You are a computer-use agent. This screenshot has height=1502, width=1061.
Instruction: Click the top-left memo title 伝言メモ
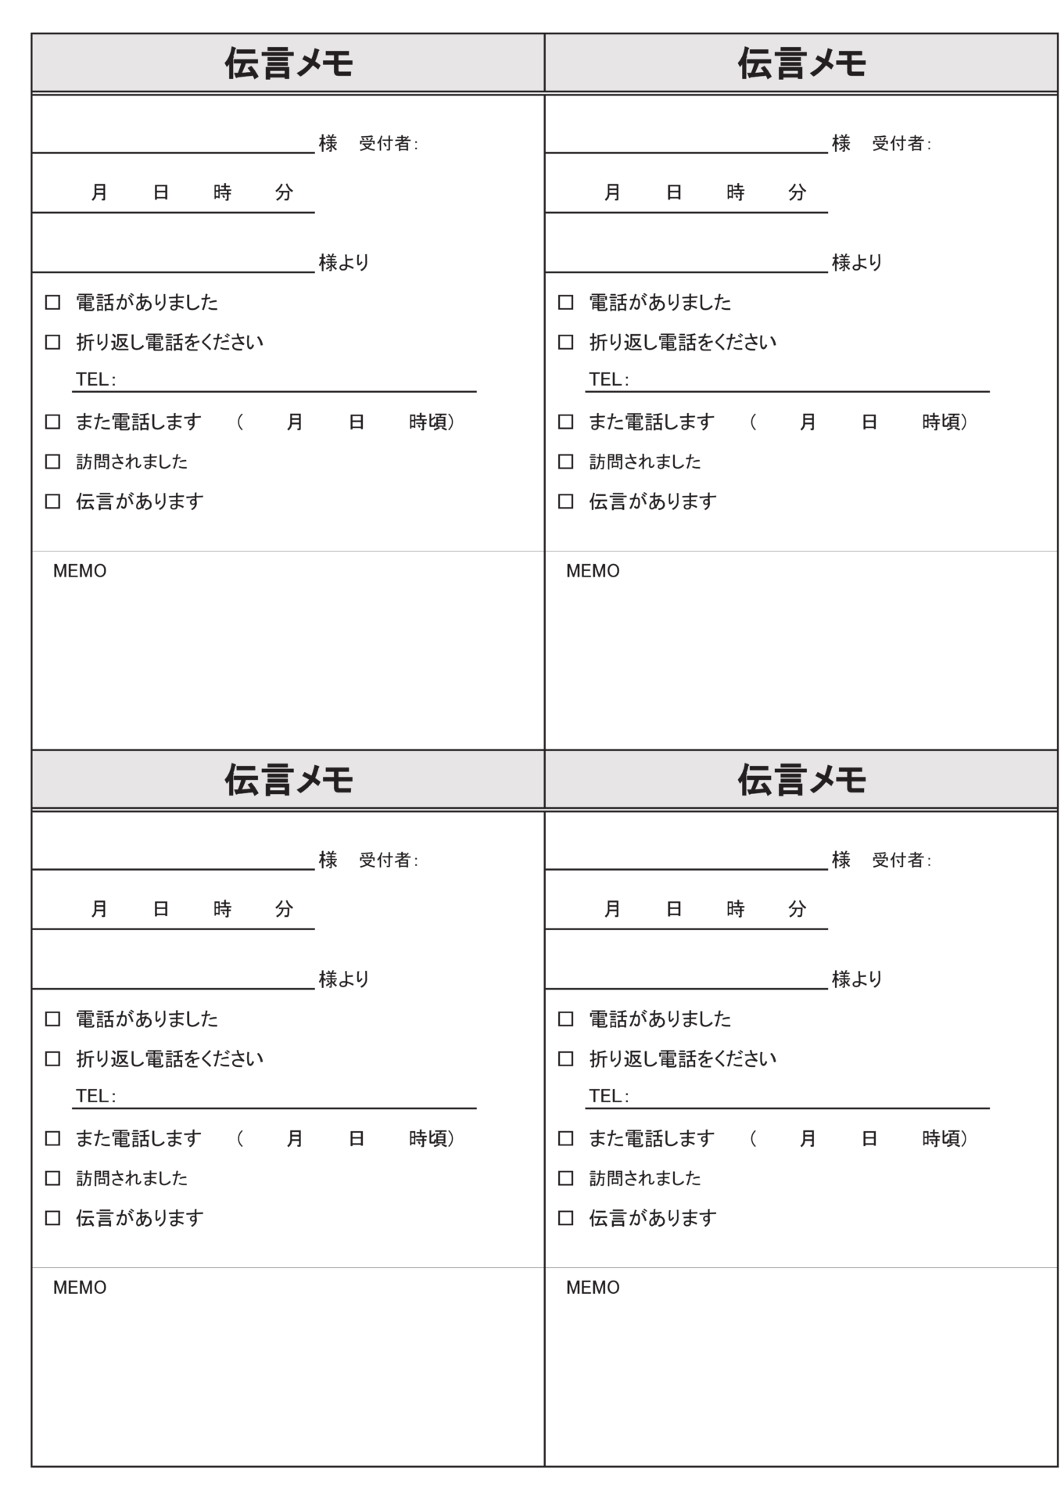click(x=289, y=63)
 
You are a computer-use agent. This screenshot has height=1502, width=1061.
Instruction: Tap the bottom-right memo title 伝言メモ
click(x=801, y=780)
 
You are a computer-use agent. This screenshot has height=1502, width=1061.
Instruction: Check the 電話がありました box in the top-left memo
click(x=52, y=302)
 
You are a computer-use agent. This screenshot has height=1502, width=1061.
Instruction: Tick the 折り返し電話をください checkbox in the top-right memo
click(x=565, y=342)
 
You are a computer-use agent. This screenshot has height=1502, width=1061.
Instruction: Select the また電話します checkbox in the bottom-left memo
click(x=52, y=1138)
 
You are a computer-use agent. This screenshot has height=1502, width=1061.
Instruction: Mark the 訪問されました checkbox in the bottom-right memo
click(x=565, y=1178)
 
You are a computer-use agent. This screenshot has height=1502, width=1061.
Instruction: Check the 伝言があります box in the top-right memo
click(x=565, y=501)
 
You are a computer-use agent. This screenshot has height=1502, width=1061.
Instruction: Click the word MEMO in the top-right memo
click(x=593, y=571)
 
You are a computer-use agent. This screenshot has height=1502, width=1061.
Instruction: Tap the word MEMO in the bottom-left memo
click(x=80, y=1288)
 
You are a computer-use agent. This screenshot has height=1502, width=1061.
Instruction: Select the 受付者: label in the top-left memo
click(x=389, y=143)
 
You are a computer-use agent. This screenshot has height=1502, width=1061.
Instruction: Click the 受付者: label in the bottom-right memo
click(x=901, y=860)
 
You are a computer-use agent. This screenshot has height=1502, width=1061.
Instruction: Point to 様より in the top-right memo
click(x=857, y=262)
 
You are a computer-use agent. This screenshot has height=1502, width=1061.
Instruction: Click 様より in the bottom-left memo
click(x=344, y=979)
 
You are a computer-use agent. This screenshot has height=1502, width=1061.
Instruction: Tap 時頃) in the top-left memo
click(x=432, y=422)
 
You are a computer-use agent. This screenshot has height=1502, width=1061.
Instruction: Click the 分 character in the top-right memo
click(x=797, y=192)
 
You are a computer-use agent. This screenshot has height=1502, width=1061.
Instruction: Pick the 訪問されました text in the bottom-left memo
click(x=131, y=1178)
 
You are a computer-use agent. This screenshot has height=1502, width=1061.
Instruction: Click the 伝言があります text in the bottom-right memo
click(x=652, y=1218)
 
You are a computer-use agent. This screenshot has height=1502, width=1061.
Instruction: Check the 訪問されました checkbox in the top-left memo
click(x=52, y=462)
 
